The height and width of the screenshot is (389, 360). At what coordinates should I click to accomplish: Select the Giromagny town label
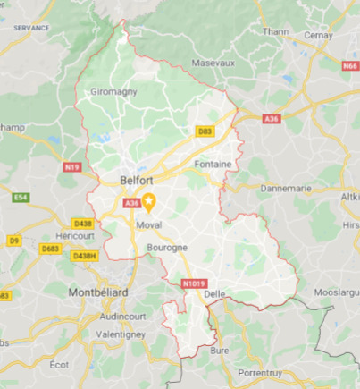pos(114,91)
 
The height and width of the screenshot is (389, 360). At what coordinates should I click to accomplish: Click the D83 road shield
pos(205,132)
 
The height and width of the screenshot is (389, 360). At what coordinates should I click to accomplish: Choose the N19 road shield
pos(72,166)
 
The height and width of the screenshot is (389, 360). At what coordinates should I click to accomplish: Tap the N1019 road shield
pos(193,284)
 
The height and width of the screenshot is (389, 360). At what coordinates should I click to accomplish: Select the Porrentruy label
pos(272,372)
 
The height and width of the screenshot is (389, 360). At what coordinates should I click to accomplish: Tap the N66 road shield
pos(349,65)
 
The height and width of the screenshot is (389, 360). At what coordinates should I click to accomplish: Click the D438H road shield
pos(85,256)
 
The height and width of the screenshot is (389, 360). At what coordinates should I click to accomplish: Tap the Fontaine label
pos(214,165)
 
